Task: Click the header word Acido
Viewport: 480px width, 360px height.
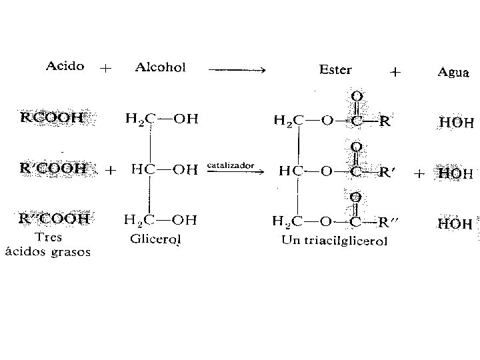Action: tap(65, 66)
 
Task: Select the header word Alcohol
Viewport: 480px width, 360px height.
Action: tap(160, 67)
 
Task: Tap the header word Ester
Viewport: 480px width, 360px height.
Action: tap(336, 69)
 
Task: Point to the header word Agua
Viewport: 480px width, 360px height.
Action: tap(453, 72)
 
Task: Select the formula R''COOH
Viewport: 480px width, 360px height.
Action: tap(53, 218)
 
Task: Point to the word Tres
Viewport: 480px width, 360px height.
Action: tap(48, 238)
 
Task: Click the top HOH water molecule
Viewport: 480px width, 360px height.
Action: tap(456, 123)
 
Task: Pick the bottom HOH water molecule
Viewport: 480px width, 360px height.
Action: tap(456, 223)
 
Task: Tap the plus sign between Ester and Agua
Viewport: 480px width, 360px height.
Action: tap(395, 73)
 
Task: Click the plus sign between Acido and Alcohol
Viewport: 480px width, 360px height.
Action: tap(105, 68)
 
